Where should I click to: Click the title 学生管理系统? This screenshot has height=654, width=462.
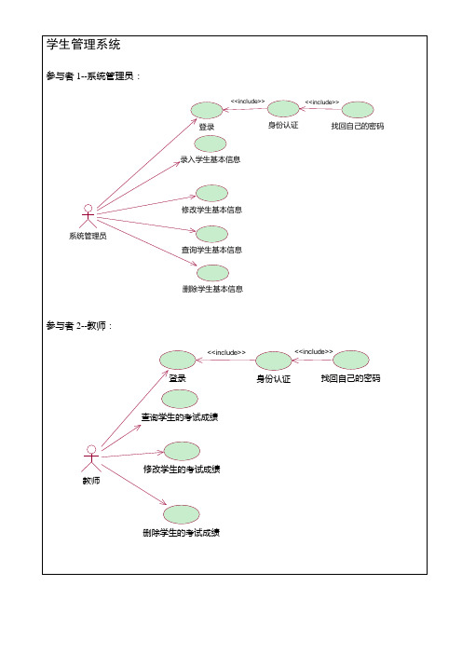point(84,44)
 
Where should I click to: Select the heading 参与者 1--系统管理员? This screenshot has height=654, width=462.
point(93,75)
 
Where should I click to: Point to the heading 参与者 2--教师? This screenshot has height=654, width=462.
point(79,326)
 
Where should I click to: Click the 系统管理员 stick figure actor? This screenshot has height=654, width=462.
point(88,215)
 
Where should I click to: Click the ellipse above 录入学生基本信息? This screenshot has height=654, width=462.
point(211,143)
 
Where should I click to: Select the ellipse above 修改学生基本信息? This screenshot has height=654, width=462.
point(211,193)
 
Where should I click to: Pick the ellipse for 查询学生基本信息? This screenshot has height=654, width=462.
point(211,234)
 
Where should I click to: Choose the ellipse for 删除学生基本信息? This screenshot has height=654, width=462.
point(212,273)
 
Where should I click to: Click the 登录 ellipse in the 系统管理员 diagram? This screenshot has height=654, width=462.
point(207,111)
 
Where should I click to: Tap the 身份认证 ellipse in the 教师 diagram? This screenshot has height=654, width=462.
point(274,361)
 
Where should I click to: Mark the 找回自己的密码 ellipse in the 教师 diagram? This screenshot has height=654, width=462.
point(351,360)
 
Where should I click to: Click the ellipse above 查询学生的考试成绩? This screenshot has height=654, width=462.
point(180,399)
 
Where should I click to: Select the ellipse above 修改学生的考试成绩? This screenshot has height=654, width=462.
point(182,451)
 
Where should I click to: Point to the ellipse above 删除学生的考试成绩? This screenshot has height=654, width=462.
point(182,514)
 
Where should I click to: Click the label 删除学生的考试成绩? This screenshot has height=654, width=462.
point(182,533)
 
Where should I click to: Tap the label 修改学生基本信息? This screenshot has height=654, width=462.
point(211,210)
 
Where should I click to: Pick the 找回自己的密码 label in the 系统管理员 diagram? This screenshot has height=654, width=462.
point(358,126)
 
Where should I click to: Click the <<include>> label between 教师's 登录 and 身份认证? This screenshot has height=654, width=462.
point(226,352)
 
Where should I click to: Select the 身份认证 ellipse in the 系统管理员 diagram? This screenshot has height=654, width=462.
point(283,109)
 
